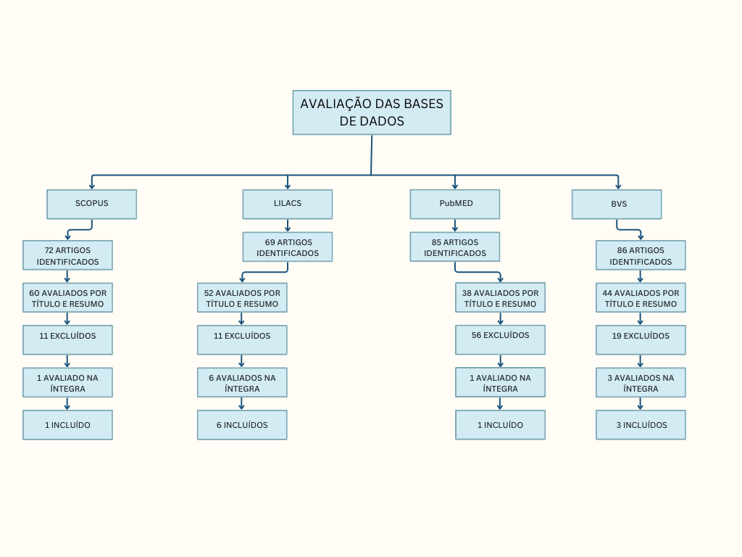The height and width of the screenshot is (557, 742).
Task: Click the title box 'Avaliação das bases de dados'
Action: [x=372, y=112]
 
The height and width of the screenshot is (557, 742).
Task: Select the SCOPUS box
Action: [x=91, y=204]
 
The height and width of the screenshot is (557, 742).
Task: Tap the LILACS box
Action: [x=288, y=204]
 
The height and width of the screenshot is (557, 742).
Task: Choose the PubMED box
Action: [x=455, y=204]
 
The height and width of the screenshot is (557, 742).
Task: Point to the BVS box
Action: [x=617, y=204]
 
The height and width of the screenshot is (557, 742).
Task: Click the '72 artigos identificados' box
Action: [x=67, y=255]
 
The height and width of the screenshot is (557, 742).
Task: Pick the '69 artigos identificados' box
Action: [x=288, y=247]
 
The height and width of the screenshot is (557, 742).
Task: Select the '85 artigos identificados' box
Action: [x=455, y=247]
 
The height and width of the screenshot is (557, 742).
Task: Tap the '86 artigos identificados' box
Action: [x=641, y=255]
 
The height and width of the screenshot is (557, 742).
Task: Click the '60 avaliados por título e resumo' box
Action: [x=67, y=297]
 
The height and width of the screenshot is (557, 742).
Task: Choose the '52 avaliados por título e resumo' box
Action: [x=242, y=297]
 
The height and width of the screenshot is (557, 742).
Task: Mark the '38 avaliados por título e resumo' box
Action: [x=500, y=297]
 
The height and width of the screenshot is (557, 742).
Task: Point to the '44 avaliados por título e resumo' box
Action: [x=641, y=297]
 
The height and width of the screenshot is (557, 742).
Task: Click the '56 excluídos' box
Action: [x=500, y=339]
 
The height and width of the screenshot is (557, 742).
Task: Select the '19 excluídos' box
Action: [x=641, y=339]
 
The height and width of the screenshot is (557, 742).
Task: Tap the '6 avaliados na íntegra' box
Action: [x=242, y=382]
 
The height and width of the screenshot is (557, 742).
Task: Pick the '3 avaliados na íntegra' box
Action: [x=641, y=382]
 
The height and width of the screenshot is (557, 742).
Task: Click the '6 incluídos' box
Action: [x=242, y=425]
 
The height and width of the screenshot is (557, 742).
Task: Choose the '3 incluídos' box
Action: [x=641, y=425]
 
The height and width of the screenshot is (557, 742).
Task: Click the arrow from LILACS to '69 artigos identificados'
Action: [x=288, y=226]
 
